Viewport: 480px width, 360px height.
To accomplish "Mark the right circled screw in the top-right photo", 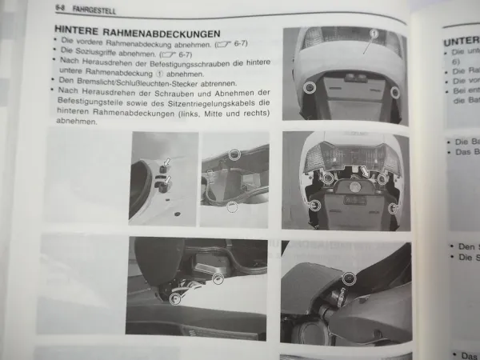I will (x=394, y=92).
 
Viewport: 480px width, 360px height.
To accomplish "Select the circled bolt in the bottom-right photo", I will (x=349, y=278).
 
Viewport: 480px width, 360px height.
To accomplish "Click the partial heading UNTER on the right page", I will (x=461, y=40).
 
